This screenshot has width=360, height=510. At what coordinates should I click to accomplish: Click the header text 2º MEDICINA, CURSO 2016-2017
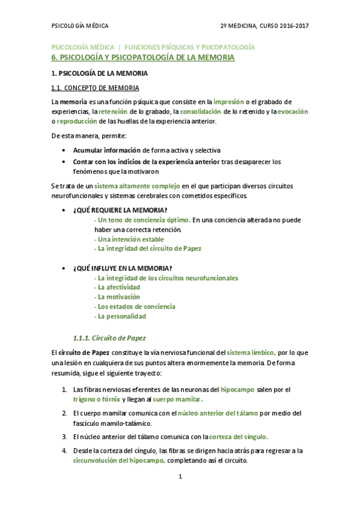[264, 26]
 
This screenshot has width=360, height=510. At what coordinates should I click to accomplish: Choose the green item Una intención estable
[129, 239]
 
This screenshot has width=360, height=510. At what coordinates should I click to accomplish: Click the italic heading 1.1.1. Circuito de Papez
[109, 337]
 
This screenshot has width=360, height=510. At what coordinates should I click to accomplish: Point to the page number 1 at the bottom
[180, 477]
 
